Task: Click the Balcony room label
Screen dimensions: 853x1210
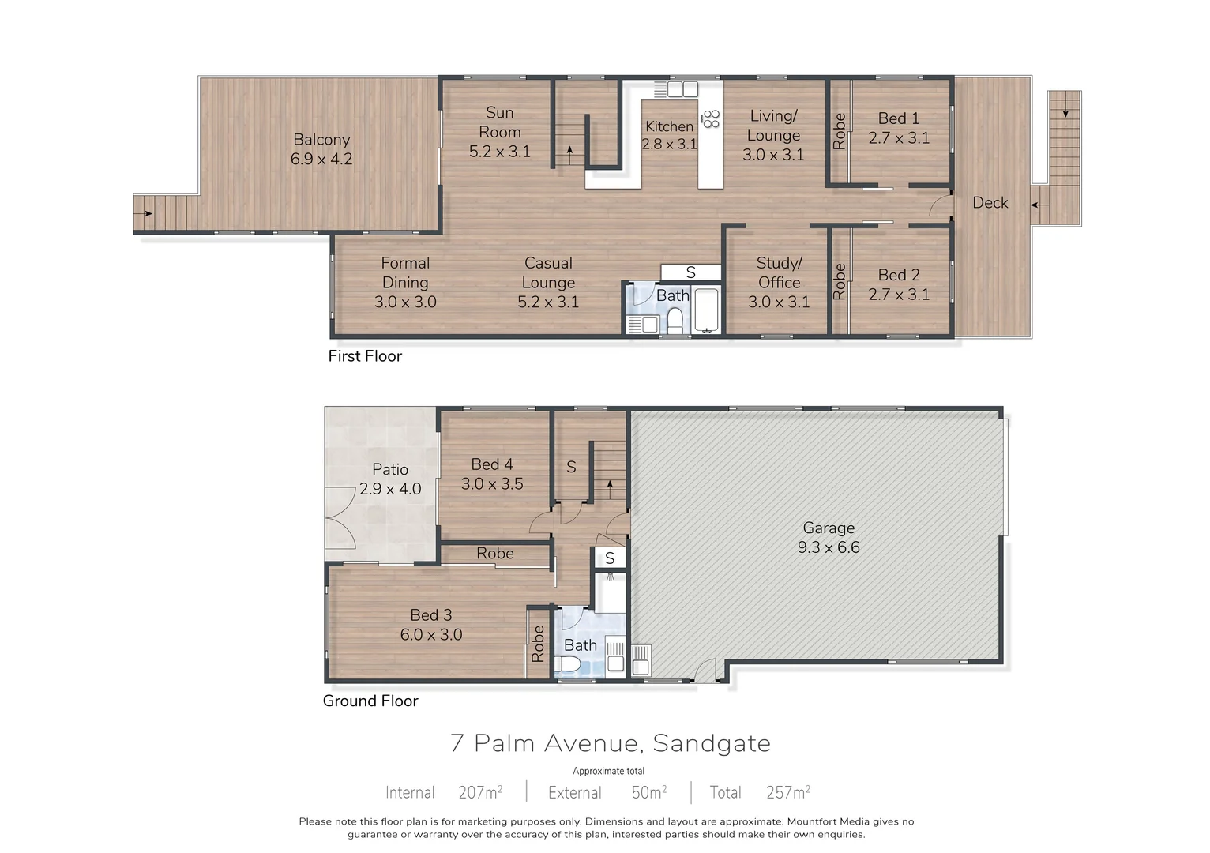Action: coord(321,140)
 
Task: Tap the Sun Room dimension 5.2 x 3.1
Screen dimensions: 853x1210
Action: coord(499,152)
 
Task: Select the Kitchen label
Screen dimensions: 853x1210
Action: coord(669,126)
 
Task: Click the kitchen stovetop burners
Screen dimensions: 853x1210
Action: coord(711,118)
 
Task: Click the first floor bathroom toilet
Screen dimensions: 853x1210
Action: coord(675,321)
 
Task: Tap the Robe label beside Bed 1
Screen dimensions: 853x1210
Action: coord(839,131)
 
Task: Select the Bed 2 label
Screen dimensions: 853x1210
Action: coord(899,275)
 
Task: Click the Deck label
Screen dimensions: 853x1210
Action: coord(990,203)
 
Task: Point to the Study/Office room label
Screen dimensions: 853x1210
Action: coord(779,272)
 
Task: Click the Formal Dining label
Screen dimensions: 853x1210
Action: coord(405,272)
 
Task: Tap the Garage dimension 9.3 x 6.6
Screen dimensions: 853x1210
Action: coord(829,547)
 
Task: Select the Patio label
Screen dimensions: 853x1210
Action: coord(390,469)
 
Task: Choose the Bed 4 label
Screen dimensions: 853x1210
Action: coord(492,464)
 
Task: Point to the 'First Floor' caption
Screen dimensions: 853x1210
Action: coord(365,356)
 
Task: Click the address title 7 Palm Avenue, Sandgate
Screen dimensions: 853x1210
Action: coord(611,743)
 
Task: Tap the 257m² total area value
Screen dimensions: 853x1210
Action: coord(787,792)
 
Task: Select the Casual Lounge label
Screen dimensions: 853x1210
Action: coord(548,272)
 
